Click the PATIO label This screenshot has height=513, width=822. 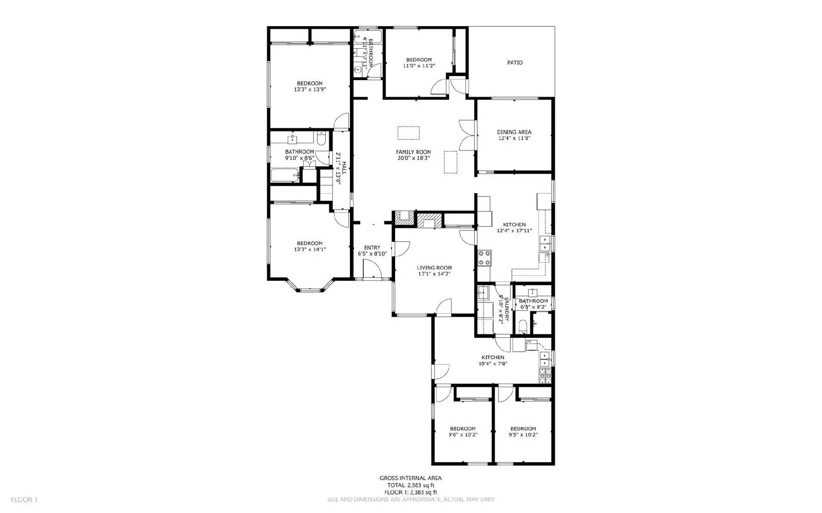515,63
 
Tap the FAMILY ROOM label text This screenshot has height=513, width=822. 413,152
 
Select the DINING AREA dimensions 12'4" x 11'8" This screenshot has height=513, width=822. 514,138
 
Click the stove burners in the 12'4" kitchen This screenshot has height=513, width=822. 484,258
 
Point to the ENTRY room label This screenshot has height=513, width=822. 372,248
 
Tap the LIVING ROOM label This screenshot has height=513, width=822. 434,268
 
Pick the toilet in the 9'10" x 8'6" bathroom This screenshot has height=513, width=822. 322,138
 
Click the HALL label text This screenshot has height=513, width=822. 344,167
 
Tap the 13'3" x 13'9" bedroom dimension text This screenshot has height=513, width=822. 310,89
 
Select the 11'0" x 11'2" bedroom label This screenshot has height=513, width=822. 419,60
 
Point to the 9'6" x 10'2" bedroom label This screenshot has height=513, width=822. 462,429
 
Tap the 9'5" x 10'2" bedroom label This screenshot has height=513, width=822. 522,429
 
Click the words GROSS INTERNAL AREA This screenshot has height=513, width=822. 410,478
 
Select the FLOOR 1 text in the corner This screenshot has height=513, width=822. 24,499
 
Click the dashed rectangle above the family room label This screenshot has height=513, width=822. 409,132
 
